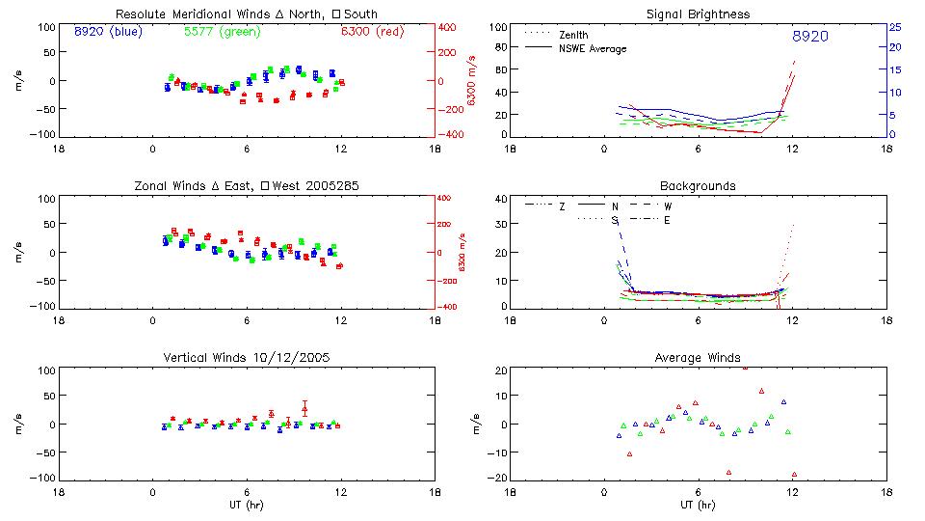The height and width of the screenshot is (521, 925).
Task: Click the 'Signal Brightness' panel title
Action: point(699,14)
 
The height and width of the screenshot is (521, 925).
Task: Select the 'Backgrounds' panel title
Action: point(698,185)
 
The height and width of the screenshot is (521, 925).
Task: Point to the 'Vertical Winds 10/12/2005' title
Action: point(248,360)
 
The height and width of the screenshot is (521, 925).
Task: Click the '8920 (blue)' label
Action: point(107,32)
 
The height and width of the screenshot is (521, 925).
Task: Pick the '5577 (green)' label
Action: point(219,32)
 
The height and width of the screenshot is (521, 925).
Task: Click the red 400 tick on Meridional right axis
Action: point(449,27)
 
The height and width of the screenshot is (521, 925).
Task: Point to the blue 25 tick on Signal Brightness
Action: point(894,27)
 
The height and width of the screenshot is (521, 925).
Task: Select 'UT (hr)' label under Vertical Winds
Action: point(248,506)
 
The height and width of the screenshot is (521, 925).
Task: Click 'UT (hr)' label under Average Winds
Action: point(698,506)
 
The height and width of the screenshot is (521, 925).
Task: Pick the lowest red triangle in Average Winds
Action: point(794,475)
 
